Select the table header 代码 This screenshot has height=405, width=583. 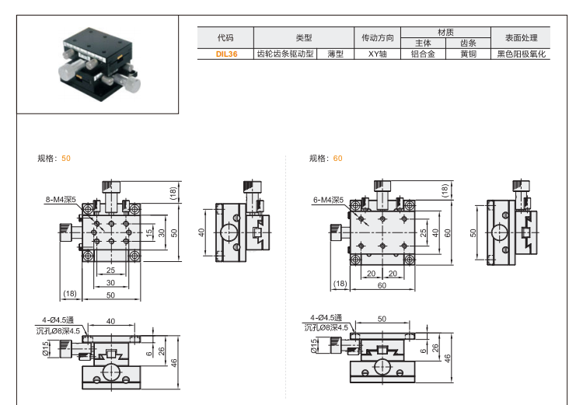click(x=225, y=37)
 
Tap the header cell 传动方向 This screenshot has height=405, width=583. click(x=378, y=37)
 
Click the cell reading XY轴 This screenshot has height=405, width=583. click(x=378, y=54)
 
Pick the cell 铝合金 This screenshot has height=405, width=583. click(x=423, y=54)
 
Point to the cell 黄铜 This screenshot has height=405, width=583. click(x=468, y=54)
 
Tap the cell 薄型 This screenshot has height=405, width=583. click(x=336, y=54)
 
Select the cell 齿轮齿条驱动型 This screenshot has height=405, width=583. click(x=285, y=54)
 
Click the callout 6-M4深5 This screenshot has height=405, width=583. click(x=328, y=200)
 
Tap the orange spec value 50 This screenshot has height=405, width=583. click(x=66, y=158)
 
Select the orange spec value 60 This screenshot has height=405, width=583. click(x=337, y=158)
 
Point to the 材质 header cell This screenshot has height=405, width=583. click(x=445, y=32)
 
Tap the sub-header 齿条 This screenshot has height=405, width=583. click(x=468, y=43)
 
